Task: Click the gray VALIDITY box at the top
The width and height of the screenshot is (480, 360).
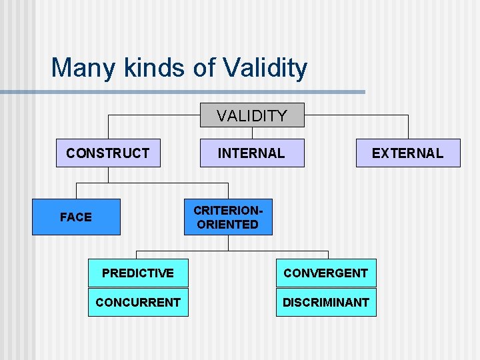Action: (x=252, y=115)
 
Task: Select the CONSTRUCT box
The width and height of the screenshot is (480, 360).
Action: (x=108, y=153)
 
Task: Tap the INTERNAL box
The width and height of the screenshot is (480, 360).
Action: (x=252, y=153)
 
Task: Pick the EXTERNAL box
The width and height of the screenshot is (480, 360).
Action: (x=407, y=153)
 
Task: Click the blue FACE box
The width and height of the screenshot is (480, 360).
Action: (x=76, y=217)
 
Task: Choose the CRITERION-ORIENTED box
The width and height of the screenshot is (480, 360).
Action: (x=228, y=217)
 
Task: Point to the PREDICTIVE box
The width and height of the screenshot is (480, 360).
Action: (x=138, y=273)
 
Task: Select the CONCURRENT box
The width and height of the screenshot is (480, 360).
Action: (x=138, y=302)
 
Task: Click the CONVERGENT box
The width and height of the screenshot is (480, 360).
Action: (x=325, y=273)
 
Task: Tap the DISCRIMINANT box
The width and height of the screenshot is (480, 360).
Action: (x=325, y=302)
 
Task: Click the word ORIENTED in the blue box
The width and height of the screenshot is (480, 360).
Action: (x=228, y=225)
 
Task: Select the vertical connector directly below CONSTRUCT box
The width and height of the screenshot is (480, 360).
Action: (x=108, y=174)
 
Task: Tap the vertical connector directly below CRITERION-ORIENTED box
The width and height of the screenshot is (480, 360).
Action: (x=228, y=243)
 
